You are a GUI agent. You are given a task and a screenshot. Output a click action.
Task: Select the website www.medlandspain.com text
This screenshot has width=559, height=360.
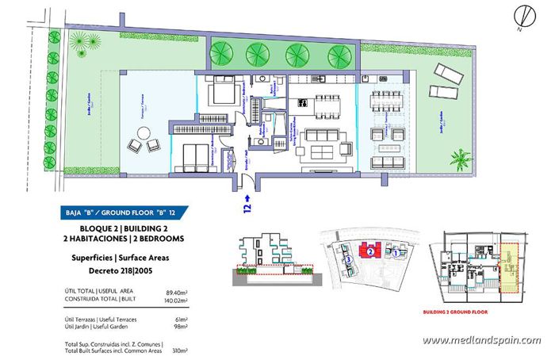tap(481, 341)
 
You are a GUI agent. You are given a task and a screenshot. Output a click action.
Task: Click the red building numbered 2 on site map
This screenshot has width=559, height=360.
tap(369, 250)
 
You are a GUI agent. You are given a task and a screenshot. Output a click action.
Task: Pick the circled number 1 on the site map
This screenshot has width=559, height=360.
tap(394, 252)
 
